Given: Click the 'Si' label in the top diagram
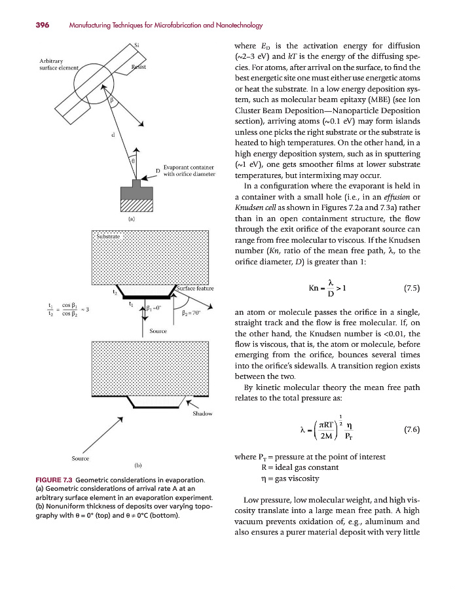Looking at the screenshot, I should pyautogui.click(x=136, y=45).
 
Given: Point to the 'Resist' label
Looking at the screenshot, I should pyautogui.click(x=139, y=67).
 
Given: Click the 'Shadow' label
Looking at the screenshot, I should pyautogui.click(x=202, y=414).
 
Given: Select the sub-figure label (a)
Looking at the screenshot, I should pyautogui.click(x=132, y=220).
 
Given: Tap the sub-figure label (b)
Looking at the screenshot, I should pyautogui.click(x=138, y=465).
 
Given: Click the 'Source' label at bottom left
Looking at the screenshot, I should pyautogui.click(x=81, y=458).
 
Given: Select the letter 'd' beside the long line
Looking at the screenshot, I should pyautogui.click(x=113, y=135).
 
